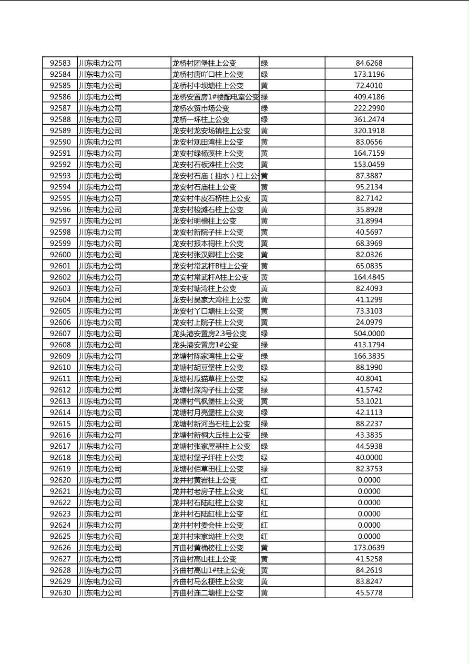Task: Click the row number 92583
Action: pos(60,63)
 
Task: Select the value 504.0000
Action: pos(369,334)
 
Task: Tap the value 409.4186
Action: pos(369,97)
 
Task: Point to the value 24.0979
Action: pos(369,323)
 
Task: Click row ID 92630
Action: pos(60,593)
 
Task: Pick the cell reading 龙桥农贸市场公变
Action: pos(201,108)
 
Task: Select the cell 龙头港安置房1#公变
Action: pos(205,345)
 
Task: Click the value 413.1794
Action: pos(369,345)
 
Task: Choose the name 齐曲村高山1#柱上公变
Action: pos(209,570)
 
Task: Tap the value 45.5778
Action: pos(369,593)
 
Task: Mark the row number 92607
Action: pos(60,334)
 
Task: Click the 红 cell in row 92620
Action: pos(264,480)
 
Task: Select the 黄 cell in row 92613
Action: pos(264,401)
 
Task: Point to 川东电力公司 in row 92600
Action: pos(100,255)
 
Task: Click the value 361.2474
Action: pos(369,119)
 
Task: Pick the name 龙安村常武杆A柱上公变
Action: pos(210,277)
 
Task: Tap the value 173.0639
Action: pos(369,548)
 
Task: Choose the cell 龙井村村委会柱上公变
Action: pos(208,525)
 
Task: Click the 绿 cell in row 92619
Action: pos(264,469)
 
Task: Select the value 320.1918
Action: pos(369,131)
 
